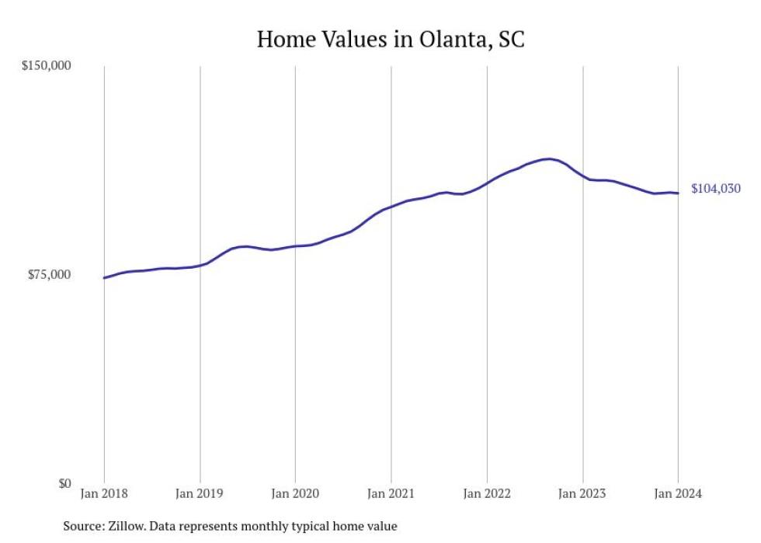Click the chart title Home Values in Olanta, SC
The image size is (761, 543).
(391, 39)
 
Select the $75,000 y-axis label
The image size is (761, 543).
(49, 274)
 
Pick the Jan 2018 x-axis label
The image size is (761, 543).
(104, 494)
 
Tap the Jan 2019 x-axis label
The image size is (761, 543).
(200, 494)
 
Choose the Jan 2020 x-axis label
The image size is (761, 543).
(295, 494)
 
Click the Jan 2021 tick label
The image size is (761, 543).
(391, 494)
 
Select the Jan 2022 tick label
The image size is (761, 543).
(487, 494)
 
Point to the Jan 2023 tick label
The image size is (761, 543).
(582, 494)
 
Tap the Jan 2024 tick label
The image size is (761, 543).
(678, 494)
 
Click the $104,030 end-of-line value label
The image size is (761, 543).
(715, 189)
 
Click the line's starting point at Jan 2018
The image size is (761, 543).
(104, 277)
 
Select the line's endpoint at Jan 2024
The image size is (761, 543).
(678, 193)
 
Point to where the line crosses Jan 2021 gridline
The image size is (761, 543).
(391, 207)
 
